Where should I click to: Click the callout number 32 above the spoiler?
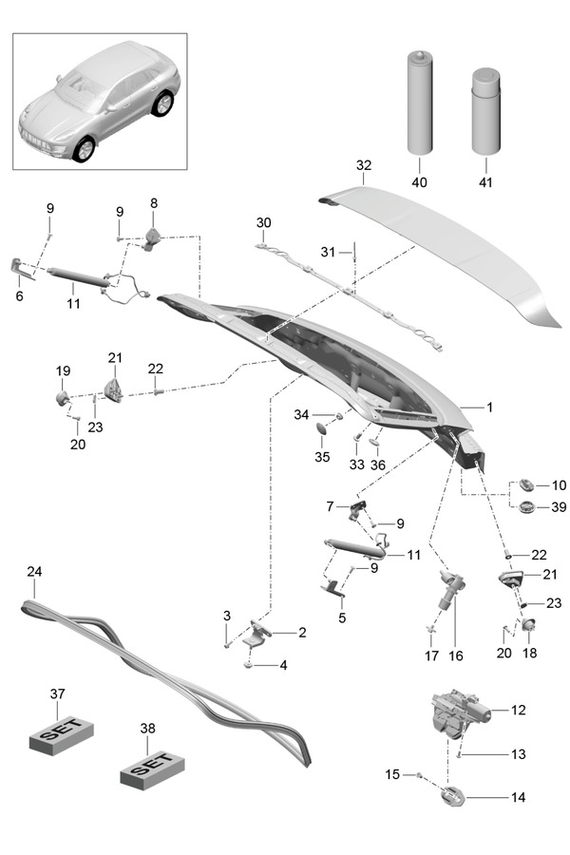point(363,164)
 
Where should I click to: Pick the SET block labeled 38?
point(148,766)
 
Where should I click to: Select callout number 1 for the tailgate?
point(490,407)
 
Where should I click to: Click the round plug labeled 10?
point(529,485)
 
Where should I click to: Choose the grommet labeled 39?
point(529,506)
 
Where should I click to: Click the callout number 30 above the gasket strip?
point(263,222)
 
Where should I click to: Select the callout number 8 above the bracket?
point(153,202)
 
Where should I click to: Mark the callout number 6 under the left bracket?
point(19,296)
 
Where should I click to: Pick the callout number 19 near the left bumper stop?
point(63,371)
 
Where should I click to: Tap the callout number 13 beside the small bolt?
point(518,754)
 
